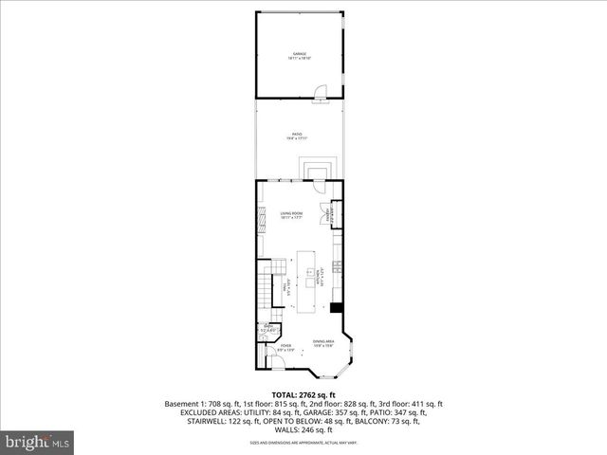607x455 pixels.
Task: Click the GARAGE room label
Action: [300, 56]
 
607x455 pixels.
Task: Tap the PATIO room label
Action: [297, 136]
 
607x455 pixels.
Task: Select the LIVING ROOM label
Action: [290, 215]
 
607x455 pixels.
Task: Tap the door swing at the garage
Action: [321, 92]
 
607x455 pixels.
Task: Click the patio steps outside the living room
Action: [316, 170]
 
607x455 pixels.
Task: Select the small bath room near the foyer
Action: [267, 331]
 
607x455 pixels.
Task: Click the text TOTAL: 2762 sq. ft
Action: [303, 393]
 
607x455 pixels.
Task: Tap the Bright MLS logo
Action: [38, 442]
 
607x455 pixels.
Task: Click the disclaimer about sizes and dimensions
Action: [303, 442]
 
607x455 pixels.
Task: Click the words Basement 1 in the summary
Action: [187, 403]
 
